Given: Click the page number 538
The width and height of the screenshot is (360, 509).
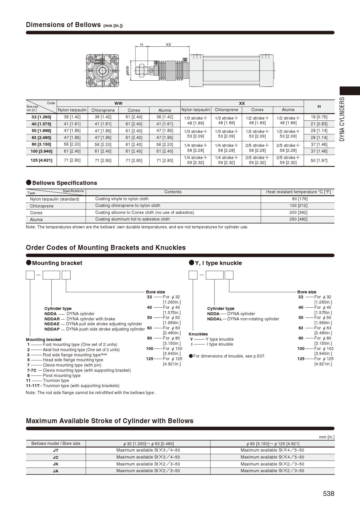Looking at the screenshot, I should coord(328,494).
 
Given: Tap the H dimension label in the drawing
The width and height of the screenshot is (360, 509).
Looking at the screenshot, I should coord(142,44).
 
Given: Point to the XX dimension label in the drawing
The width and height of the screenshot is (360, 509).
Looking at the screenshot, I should coord(168,44).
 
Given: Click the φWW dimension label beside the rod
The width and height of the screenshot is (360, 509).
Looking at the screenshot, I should coord(127,71).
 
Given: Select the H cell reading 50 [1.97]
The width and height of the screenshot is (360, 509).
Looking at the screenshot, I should coord(319,160).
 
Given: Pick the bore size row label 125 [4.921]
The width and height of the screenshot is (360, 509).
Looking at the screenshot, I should coord(42,160).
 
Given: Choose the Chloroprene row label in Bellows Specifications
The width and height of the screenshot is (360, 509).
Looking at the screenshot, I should coord(42,206).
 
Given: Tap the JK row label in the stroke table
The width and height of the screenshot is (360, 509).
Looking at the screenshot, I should coord(55,464).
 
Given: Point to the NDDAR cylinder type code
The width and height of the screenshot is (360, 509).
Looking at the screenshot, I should coord(52,319).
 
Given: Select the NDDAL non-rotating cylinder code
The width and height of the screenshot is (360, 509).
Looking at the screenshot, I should coord(215,319).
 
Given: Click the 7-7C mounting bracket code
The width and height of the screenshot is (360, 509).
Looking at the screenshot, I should coord(32,370).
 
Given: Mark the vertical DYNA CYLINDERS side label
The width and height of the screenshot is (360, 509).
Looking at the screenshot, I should coord(342,119).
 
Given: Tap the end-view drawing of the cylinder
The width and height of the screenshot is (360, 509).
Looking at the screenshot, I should coord(102,71).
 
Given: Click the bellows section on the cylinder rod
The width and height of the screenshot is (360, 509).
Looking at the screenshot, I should coord(170,71).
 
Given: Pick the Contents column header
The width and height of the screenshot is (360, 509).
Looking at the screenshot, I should coord(173,192).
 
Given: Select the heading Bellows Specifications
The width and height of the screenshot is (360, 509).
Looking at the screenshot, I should coord(64,183).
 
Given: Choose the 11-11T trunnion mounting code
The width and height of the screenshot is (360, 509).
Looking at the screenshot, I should coord(32,386).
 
